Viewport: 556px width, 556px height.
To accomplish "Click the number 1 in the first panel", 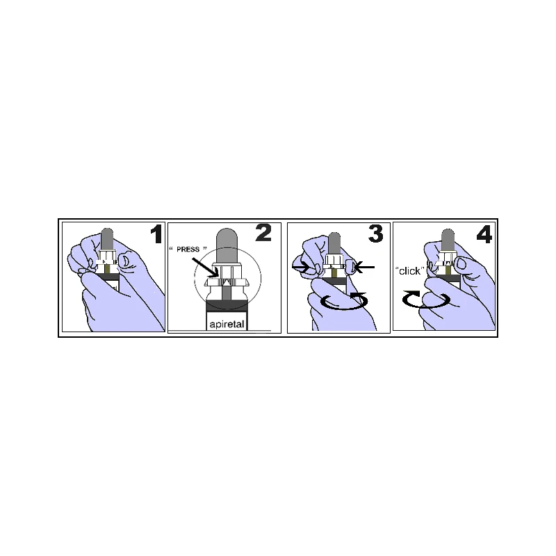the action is (157, 234).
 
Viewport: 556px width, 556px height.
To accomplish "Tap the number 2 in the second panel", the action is (263, 233).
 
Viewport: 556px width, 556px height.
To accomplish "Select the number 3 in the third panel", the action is (376, 234).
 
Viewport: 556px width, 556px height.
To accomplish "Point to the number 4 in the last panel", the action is (484, 234).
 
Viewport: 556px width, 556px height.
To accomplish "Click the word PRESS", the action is (188, 250).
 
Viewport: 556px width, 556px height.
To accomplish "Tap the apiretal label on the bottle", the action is (227, 325).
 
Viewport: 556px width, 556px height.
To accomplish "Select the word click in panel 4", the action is (409, 271).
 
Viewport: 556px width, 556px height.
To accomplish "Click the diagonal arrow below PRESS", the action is (205, 268).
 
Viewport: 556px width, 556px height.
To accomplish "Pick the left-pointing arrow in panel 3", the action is (363, 267).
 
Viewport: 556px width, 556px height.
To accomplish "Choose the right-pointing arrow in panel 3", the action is (302, 267).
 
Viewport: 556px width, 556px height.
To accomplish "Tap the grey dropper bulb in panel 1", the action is (107, 239).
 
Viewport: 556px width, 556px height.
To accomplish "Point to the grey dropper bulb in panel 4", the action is (448, 240).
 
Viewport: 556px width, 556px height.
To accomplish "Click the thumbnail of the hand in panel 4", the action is (461, 263).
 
